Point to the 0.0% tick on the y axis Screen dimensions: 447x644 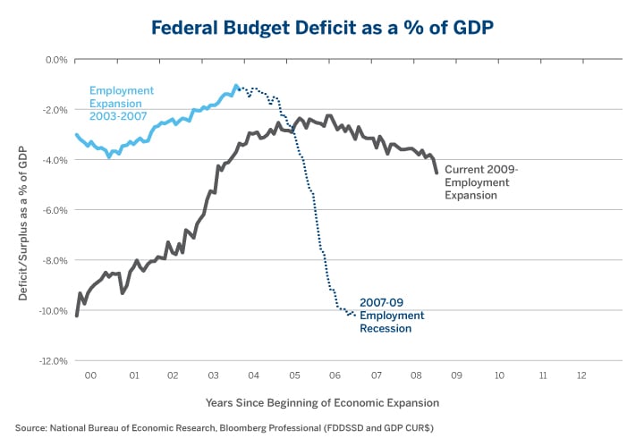click(x=55, y=60)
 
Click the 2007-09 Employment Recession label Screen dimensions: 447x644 click(x=392, y=316)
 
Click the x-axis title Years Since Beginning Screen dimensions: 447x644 click(x=322, y=403)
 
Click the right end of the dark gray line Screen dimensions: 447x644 click(x=436, y=172)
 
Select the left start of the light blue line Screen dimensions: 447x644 click(x=77, y=135)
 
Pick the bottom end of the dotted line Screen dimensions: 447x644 click(x=354, y=314)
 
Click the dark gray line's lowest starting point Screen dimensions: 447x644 click(x=77, y=315)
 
